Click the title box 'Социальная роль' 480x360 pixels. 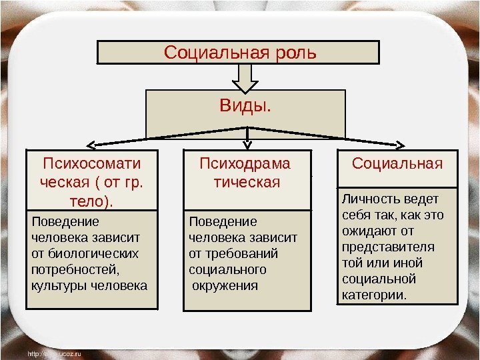coord(239,52)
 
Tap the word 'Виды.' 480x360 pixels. coord(246,106)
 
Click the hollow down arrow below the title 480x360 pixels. coord(246,79)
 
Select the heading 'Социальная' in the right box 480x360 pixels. coord(397,163)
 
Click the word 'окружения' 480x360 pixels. coord(225,286)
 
